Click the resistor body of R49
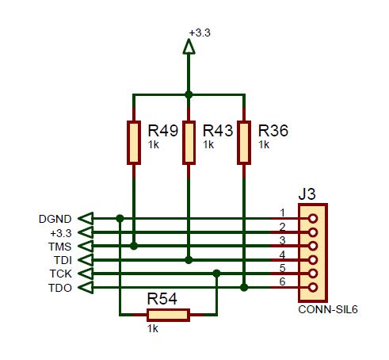pos(134,143)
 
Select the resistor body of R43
pos(189,143)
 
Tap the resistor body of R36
pos(244,143)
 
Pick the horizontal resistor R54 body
pos(168,315)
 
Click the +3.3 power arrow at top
pos(189,47)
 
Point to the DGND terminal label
pos(55,219)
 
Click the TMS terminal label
pos(59,247)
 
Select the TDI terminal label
pos(63,260)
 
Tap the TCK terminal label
pos(60,274)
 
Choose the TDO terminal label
pos(60,288)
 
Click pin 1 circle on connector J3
pos(313,219)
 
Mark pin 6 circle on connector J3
pos(313,287)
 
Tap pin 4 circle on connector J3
pos(313,260)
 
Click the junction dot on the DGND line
pos(120,219)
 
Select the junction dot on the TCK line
pos(216,274)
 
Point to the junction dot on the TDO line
pos(244,287)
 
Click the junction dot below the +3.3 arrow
pos(189,94)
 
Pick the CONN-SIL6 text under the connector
pos(328,309)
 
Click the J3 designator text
pos(307,194)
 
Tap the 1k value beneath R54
pos(153,329)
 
